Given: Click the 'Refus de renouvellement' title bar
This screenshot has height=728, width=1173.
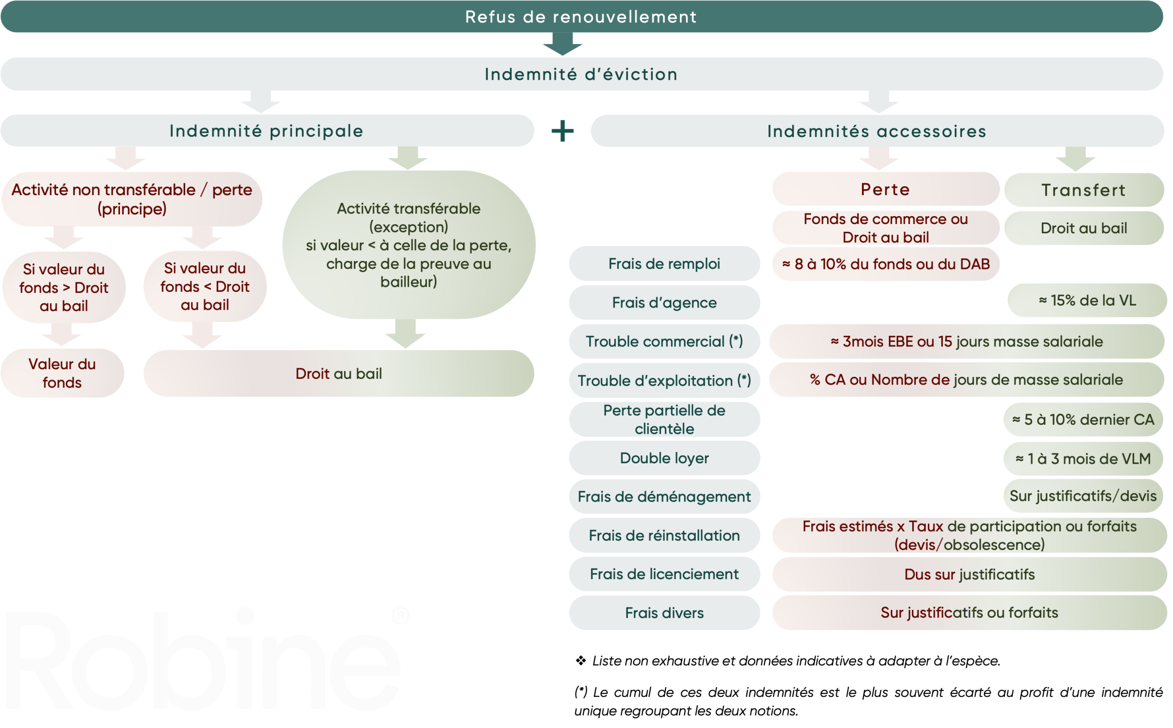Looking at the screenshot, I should pyautogui.click(x=581, y=17).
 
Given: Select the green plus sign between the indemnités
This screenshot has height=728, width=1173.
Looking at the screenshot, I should pyautogui.click(x=562, y=131).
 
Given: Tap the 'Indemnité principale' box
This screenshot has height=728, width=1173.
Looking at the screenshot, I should pyautogui.click(x=267, y=131).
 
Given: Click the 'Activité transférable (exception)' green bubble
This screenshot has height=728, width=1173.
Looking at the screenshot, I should pyautogui.click(x=408, y=245).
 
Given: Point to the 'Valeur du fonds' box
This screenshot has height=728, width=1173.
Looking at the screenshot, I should pyautogui.click(x=62, y=373).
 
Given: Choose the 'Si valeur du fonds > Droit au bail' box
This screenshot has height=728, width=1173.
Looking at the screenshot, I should pyautogui.click(x=64, y=287).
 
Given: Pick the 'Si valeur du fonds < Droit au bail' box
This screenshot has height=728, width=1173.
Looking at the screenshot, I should pyautogui.click(x=205, y=286).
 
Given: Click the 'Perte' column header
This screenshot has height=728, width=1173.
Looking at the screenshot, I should pyautogui.click(x=885, y=189).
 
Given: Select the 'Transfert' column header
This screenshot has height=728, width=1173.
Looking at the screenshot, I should pyautogui.click(x=1084, y=190).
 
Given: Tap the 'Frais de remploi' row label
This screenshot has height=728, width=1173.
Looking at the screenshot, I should pyautogui.click(x=664, y=264).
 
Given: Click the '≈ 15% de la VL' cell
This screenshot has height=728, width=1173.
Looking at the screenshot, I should pyautogui.click(x=1087, y=301).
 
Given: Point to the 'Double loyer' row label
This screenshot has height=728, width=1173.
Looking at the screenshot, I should pyautogui.click(x=664, y=458).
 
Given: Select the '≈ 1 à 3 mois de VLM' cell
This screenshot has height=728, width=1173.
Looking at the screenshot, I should pyautogui.click(x=1083, y=458).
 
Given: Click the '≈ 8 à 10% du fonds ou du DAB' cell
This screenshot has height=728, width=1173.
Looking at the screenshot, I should pyautogui.click(x=885, y=264).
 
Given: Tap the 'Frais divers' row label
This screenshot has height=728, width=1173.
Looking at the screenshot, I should pyautogui.click(x=664, y=613).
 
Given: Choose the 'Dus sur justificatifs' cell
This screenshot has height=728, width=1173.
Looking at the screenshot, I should pyautogui.click(x=969, y=574).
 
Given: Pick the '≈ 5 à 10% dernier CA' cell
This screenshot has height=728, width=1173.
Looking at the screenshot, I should pyautogui.click(x=1083, y=419).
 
